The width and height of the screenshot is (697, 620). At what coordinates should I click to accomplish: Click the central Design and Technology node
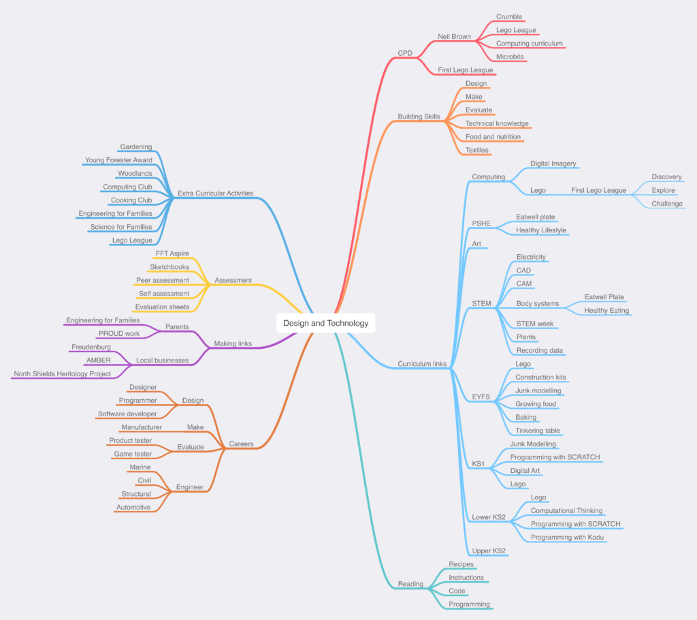[326, 323]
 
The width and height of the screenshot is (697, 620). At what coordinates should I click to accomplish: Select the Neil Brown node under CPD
[454, 37]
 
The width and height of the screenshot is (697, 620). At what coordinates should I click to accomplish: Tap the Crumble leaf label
[509, 17]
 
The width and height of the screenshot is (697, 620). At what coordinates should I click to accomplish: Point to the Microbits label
[510, 57]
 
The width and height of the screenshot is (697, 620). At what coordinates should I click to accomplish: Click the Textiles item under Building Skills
[476, 150]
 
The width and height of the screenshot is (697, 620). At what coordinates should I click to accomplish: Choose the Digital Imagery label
[553, 164]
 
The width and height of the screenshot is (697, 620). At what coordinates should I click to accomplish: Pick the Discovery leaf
[666, 177]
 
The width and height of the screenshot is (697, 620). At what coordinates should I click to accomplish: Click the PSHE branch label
[481, 223]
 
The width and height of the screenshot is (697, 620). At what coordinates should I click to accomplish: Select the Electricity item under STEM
[531, 257]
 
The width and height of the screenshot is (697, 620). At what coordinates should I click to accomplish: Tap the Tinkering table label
[538, 431]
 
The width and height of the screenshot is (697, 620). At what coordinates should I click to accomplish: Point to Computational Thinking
[566, 511]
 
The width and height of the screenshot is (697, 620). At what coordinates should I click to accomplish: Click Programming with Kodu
[567, 538]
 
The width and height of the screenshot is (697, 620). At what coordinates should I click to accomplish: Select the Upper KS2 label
[489, 551]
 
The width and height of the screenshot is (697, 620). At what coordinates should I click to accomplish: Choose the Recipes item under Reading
[461, 564]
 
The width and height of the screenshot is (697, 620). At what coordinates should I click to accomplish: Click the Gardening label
[136, 146]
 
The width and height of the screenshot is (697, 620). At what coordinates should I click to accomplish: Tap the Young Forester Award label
[118, 160]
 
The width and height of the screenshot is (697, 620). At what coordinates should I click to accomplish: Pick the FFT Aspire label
[172, 253]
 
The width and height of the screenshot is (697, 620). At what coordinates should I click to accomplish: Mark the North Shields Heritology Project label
[62, 374]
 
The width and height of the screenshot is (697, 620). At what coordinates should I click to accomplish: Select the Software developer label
[127, 414]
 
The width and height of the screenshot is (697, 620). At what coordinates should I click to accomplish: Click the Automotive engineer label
[133, 507]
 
